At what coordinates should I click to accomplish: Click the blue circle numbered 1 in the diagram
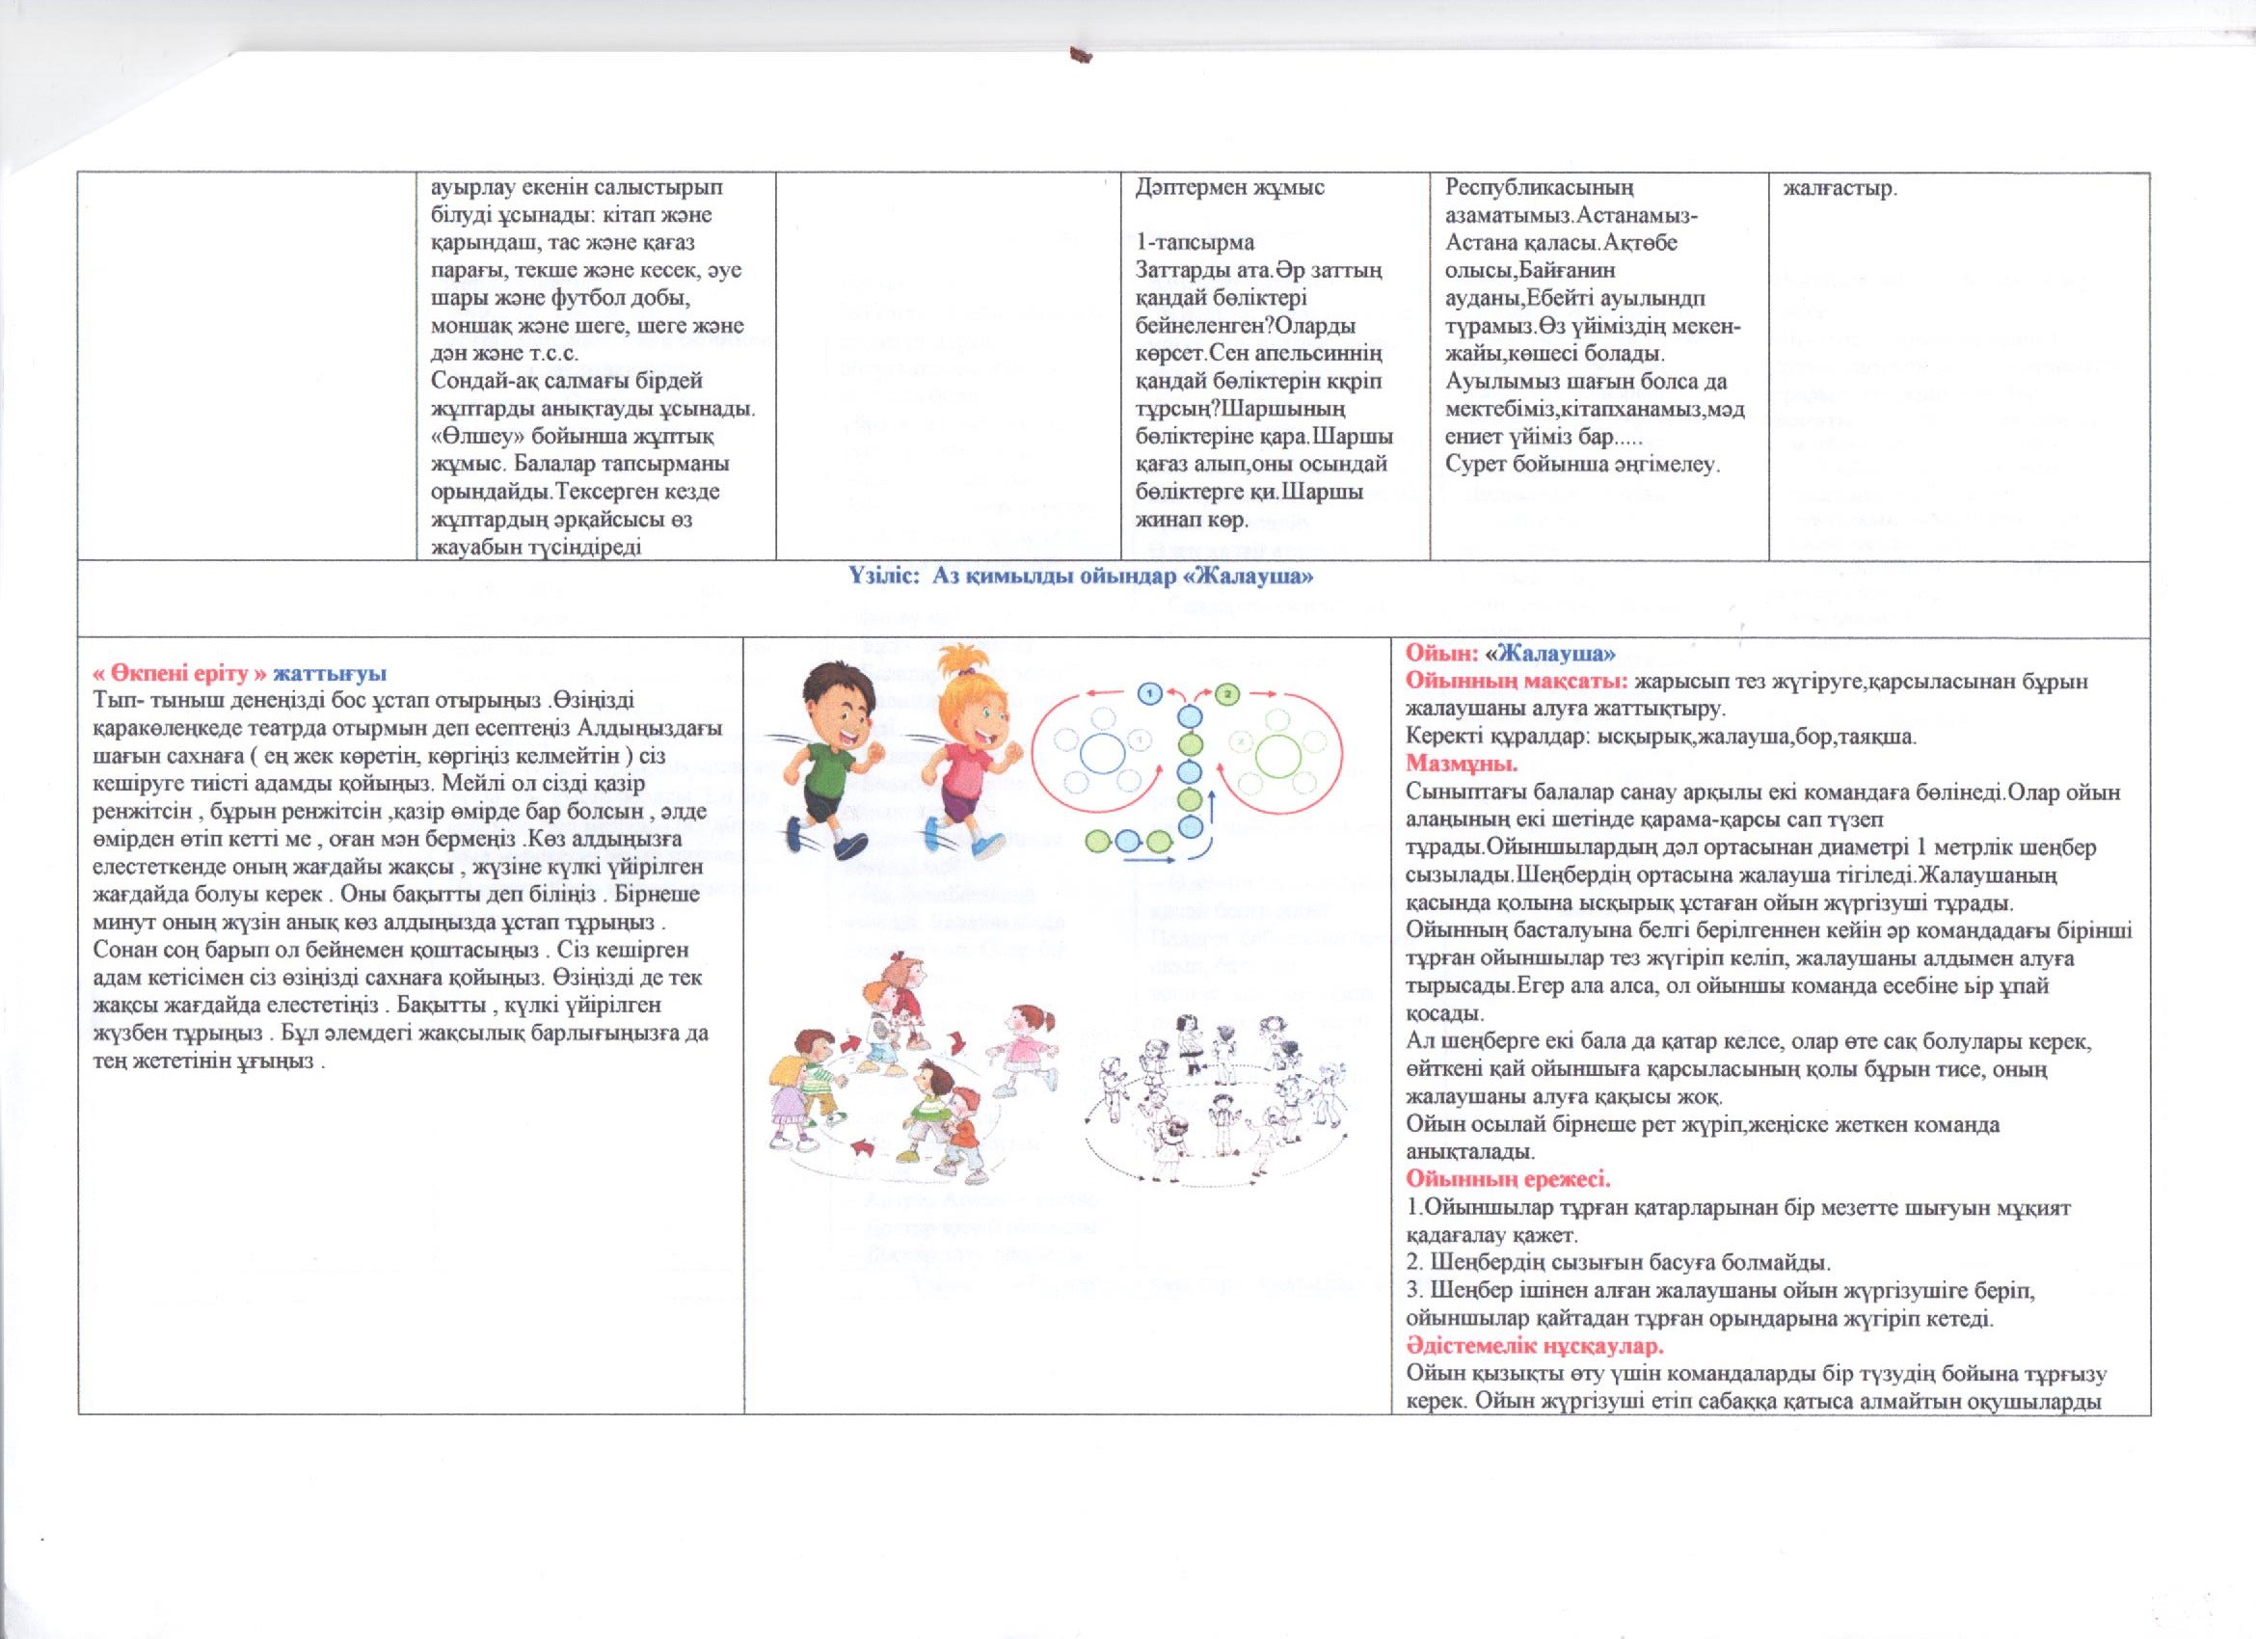[1150, 690]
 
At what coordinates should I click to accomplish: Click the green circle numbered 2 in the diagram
[1227, 693]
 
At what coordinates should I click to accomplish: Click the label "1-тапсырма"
[1182, 243]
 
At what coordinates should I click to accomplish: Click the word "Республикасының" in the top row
[1521, 188]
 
